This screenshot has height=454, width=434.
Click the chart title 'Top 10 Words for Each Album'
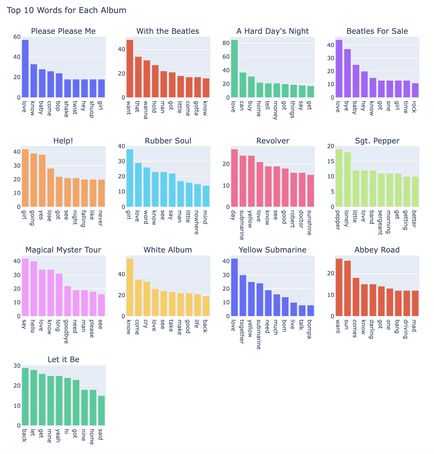click(x=66, y=11)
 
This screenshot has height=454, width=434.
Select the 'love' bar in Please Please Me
click(x=25, y=68)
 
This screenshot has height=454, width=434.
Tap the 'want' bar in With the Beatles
click(x=130, y=68)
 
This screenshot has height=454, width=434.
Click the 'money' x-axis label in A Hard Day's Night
click(x=275, y=110)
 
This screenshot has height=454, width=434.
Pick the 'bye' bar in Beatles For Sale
click(x=347, y=73)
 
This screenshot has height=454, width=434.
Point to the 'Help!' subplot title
click(x=63, y=141)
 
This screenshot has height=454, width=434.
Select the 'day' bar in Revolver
click(x=234, y=178)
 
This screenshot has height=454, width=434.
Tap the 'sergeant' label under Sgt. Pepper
click(x=381, y=223)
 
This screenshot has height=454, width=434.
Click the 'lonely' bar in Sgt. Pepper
click(x=347, y=179)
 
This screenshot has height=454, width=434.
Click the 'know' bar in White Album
click(x=130, y=287)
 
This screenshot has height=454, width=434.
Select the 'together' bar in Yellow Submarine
click(x=243, y=295)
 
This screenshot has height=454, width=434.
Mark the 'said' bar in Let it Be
click(x=101, y=410)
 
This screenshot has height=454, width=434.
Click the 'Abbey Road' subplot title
click(x=377, y=250)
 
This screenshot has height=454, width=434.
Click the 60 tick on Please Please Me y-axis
click(x=17, y=37)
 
